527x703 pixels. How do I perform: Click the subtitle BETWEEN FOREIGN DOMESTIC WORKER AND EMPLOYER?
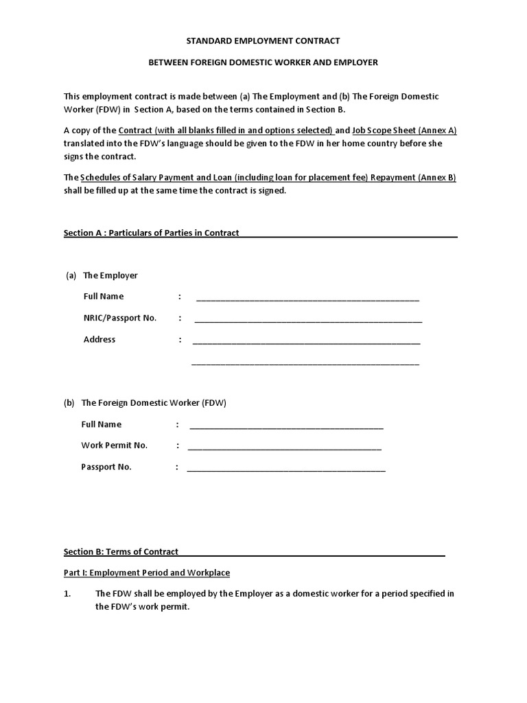[264, 62]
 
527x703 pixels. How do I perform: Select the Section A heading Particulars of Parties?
[152, 233]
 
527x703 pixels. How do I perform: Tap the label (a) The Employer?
[102, 275]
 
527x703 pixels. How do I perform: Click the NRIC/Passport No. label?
[120, 318]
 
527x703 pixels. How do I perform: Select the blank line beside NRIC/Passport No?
[308, 320]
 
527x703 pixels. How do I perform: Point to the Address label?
[99, 339]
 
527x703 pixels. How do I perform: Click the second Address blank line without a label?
[305, 363]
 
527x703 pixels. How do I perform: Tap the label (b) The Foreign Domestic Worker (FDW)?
[145, 403]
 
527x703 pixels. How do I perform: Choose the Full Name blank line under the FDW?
[286, 426]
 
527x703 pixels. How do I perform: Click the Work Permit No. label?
[114, 445]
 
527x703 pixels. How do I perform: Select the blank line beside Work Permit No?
[284, 448]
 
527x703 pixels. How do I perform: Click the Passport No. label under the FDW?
[106, 467]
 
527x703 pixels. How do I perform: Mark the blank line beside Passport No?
[286, 470]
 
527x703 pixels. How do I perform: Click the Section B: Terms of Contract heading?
[121, 551]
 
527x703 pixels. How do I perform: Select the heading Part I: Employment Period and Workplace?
[147, 573]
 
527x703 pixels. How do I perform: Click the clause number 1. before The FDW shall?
[68, 594]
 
